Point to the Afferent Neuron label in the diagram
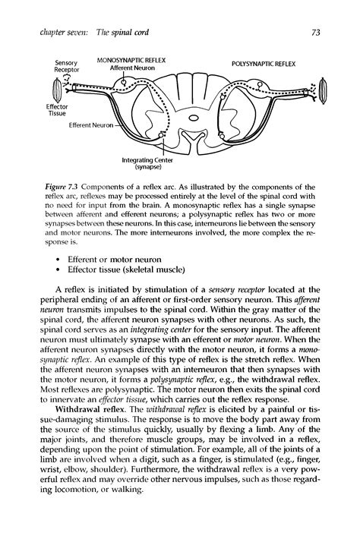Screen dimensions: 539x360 coord(132,68)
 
